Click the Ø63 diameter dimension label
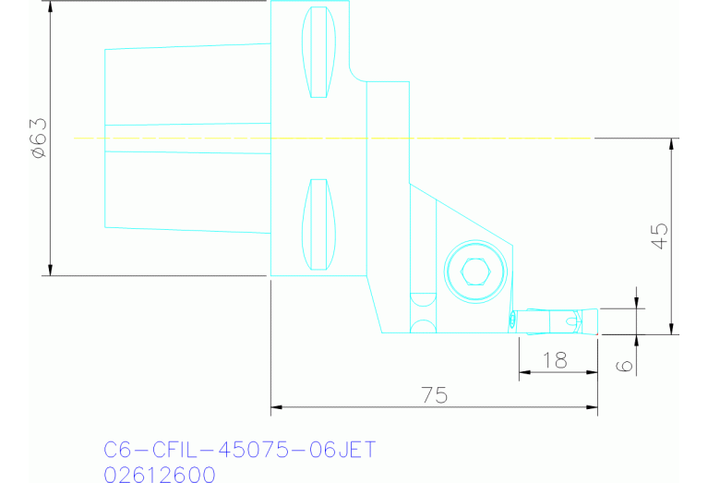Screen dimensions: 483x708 (x=38, y=139)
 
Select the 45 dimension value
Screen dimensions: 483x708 (x=659, y=235)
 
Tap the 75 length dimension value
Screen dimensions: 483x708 (x=435, y=395)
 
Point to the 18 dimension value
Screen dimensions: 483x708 (x=555, y=361)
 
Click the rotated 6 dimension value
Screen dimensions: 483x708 (x=625, y=366)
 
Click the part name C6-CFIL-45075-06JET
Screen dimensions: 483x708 (x=239, y=451)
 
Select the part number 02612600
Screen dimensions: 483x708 (x=160, y=475)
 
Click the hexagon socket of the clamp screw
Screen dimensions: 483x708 (x=474, y=272)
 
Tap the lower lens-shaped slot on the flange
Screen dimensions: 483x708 (x=317, y=224)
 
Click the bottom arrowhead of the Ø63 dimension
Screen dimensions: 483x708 (x=50, y=269)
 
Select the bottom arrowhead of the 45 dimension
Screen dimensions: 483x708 (x=672, y=328)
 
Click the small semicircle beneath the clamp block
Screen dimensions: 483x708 (x=423, y=327)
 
